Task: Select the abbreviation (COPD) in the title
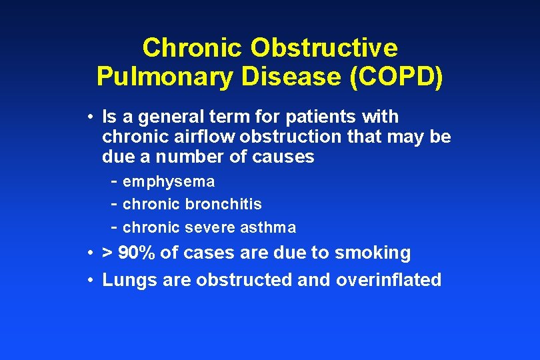point(395,77)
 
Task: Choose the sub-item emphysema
point(169,181)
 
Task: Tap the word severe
point(211,227)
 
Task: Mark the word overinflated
point(389,280)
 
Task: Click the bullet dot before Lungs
point(89,280)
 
